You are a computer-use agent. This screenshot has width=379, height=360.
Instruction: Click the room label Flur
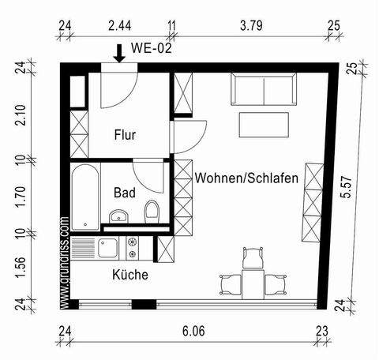coord(126,135)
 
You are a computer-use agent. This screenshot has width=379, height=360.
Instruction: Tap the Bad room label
coord(125,192)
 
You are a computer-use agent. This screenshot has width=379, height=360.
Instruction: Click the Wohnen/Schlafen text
coord(246,179)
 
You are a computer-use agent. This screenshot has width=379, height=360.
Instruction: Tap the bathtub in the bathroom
coord(83,195)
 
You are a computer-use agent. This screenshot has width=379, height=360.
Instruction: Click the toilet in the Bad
coord(152,211)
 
